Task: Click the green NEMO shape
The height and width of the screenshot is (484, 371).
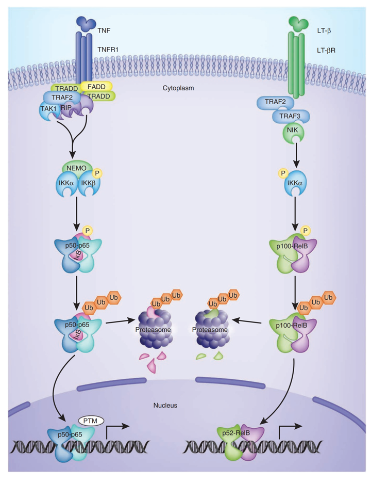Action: click(76, 167)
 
